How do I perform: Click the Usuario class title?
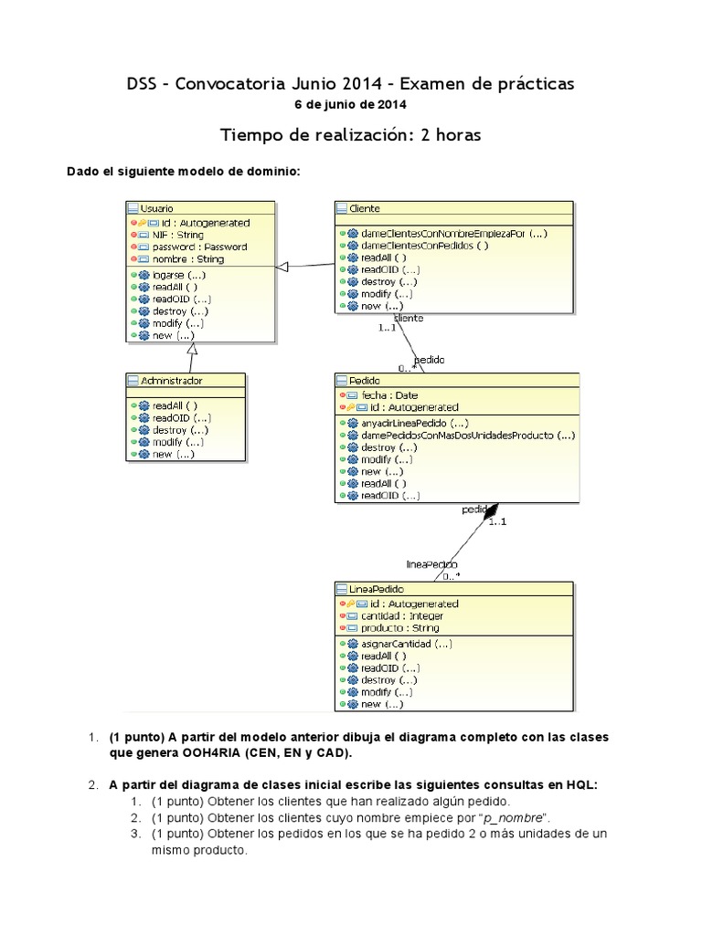click(x=157, y=209)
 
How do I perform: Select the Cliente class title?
click(x=365, y=209)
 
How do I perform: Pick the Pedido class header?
click(x=365, y=380)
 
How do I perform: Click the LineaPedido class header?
click(x=376, y=589)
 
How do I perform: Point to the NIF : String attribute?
click(x=177, y=235)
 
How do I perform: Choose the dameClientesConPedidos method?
click(x=425, y=246)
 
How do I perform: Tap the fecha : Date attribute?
click(x=389, y=395)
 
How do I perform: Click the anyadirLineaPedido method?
click(x=415, y=423)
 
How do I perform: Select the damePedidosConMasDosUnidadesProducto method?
click(x=467, y=436)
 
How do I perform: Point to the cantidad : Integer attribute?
click(x=400, y=615)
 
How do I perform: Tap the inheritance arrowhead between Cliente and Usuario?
click(x=282, y=266)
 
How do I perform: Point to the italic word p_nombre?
click(x=517, y=816)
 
